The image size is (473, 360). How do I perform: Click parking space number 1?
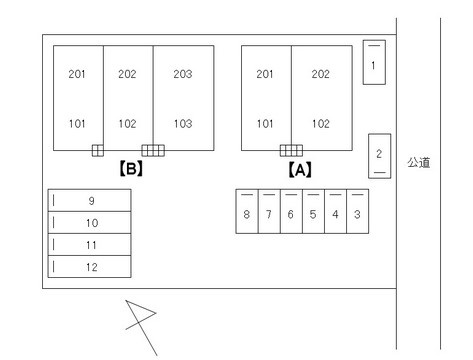coord(374,62)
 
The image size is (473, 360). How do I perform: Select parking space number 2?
coord(380,156)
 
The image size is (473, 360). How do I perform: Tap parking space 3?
coord(358,211)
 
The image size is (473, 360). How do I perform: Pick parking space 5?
coord(313,211)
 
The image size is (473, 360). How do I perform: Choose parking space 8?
coord(247,211)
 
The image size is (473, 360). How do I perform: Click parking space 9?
coord(89,200)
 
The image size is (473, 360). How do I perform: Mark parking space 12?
coord(89,267)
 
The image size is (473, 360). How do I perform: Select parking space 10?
coord(89,222)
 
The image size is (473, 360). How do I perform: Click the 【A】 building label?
coord(300,170)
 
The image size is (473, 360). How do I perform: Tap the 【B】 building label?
coord(131,168)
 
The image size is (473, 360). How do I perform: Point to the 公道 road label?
coord(419,162)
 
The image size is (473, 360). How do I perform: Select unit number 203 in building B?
coord(183,74)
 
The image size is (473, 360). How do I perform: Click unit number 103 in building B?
coord(183,124)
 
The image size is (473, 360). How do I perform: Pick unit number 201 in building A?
coord(265,74)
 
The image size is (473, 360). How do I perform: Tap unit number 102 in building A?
coord(321,124)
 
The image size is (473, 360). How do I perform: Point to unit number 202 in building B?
coord(127,74)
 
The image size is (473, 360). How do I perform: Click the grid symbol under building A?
coord(291,150)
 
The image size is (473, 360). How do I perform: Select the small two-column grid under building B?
coord(98,150)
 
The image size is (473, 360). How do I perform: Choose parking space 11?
coord(89,245)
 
